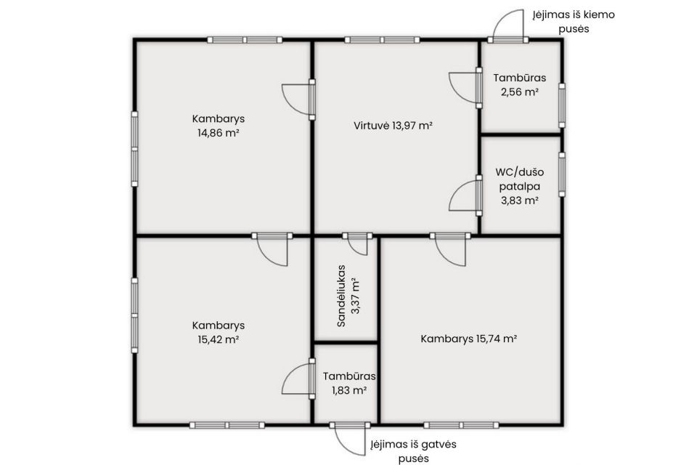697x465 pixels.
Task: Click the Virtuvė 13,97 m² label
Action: (394, 126)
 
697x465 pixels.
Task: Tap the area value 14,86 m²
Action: (219, 133)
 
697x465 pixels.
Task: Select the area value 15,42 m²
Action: (219, 339)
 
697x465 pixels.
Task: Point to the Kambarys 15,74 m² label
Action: (468, 339)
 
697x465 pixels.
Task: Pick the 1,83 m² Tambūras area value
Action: (349, 390)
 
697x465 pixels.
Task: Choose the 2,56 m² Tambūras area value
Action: (520, 92)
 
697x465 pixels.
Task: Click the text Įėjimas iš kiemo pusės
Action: (574, 21)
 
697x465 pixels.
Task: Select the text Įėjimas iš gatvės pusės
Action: (413, 450)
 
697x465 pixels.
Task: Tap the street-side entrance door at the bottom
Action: (350, 438)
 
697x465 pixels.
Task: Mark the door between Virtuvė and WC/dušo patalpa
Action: (465, 195)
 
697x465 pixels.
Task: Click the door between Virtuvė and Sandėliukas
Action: (357, 243)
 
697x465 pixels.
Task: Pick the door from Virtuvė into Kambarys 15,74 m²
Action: (450, 249)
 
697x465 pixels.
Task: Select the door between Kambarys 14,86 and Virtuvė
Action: (298, 100)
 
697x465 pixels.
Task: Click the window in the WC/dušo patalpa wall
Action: (562, 174)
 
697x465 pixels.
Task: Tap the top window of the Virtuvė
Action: (382, 40)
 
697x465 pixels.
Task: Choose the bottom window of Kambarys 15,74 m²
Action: (461, 425)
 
